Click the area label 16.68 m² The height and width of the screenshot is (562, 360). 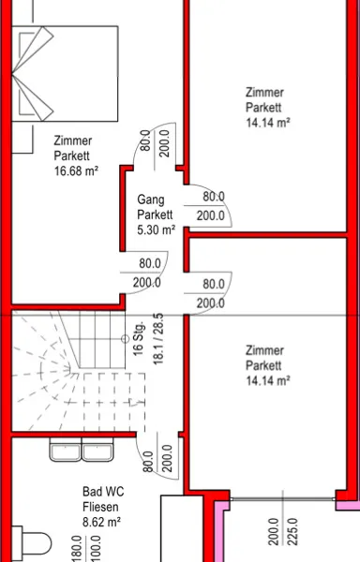[76, 170]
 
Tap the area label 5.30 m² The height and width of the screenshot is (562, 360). [157, 229]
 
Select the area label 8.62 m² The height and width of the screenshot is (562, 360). [101, 522]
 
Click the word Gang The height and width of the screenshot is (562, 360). [151, 200]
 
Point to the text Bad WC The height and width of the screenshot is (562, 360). [103, 492]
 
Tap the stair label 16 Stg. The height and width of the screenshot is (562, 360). [139, 338]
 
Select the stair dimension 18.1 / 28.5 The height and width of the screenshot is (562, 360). [158, 339]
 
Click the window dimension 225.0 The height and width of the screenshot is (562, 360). [292, 531]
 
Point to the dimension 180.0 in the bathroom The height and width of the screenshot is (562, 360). [77, 548]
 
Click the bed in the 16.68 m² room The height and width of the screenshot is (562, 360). [65, 74]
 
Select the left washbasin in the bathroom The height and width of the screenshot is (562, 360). [66, 449]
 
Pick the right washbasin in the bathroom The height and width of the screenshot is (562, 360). [97, 449]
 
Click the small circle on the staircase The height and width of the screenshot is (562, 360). [125, 339]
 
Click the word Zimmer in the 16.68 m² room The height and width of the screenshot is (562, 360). [73, 140]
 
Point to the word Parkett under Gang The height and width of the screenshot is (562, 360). [155, 214]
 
